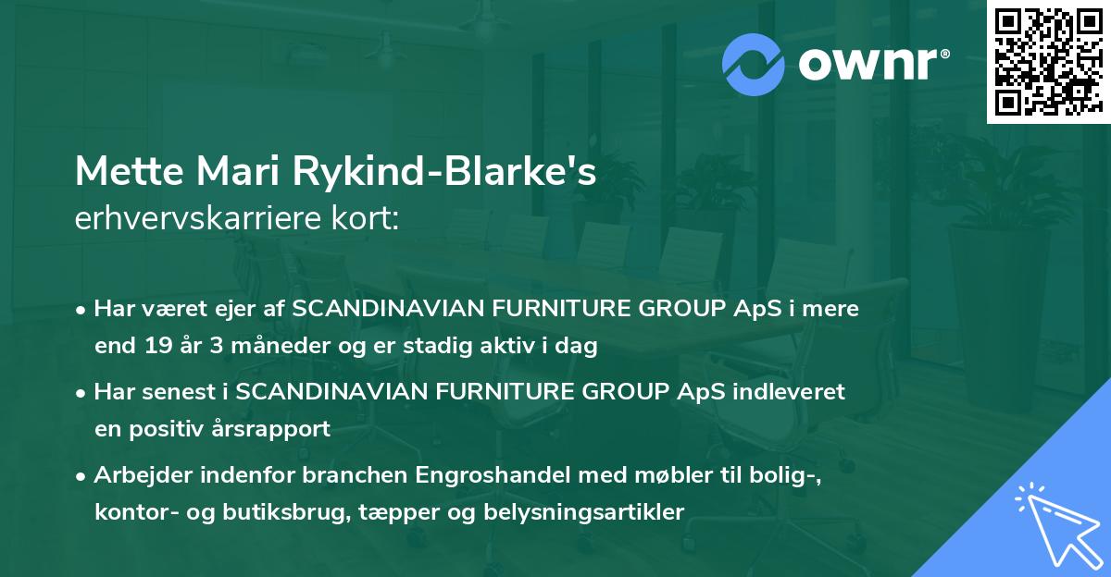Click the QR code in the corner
tap(1048, 62)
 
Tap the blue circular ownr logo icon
tap(754, 65)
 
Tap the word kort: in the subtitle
tap(369, 218)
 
